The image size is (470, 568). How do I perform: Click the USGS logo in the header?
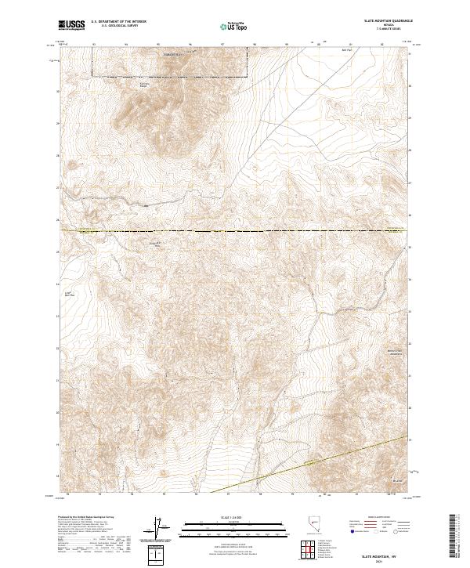[x=72, y=26]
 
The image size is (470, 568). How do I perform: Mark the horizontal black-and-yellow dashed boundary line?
[x=235, y=231]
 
